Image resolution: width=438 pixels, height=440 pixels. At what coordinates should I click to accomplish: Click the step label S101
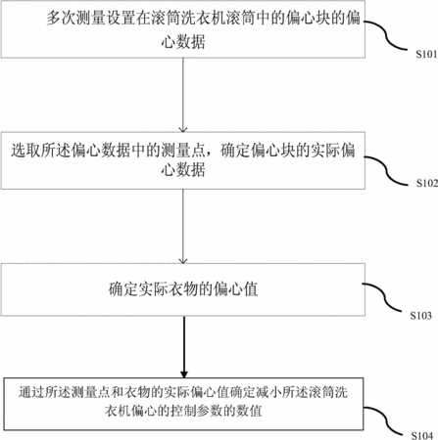click(426, 54)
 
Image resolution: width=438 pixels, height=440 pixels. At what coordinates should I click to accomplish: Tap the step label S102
click(427, 183)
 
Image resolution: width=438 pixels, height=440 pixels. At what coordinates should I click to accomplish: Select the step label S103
click(421, 316)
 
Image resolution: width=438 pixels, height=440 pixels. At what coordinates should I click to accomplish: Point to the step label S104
click(422, 435)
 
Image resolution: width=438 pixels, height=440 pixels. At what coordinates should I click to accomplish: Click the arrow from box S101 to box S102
click(183, 95)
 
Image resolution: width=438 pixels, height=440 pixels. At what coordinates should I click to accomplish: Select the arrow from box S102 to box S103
click(183, 226)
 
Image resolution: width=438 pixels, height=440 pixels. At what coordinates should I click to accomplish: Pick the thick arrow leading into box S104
click(184, 347)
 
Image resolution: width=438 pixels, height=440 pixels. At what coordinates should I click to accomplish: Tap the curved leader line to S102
click(386, 170)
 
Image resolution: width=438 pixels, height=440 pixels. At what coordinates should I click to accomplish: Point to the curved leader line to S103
click(383, 297)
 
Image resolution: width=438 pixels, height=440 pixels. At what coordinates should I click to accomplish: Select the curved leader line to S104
click(385, 420)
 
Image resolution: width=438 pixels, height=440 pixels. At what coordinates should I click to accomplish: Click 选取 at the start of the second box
click(25, 151)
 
